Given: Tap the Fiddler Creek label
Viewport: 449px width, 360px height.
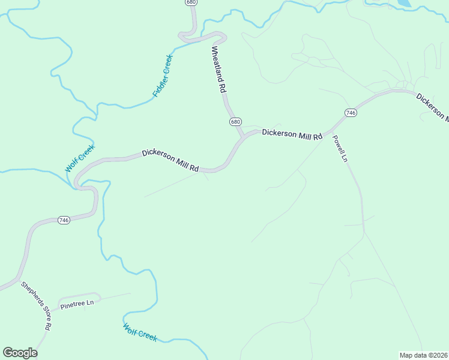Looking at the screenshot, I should click(162, 76).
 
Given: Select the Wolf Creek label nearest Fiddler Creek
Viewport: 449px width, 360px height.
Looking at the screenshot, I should click(80, 158).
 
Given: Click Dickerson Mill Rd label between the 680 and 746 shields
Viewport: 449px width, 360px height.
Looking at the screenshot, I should click(292, 134).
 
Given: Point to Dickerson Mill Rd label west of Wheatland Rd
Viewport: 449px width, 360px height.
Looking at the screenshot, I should click(170, 161).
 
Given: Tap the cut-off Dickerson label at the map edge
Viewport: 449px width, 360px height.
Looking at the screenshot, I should click(432, 107).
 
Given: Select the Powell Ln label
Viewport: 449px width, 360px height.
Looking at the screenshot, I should click(340, 148).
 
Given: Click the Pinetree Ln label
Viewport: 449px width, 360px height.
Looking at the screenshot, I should click(77, 304).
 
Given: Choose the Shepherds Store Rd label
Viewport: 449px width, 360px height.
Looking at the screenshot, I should click(36, 306).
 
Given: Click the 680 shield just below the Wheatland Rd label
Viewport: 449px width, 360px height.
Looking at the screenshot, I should click(235, 122).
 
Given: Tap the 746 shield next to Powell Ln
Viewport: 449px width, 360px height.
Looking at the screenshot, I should click(351, 113).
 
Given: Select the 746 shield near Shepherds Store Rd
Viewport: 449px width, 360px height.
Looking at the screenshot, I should click(64, 220).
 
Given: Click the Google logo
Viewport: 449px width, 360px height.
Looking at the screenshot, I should click(20, 353).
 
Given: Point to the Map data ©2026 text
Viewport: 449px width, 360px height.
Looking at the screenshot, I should click(423, 355).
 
